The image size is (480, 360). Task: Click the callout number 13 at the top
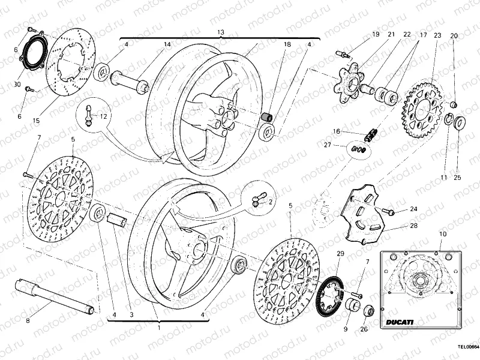click(221, 32)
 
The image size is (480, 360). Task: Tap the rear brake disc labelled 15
click(67, 65)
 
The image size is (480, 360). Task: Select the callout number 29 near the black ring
click(340, 254)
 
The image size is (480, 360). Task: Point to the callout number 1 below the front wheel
click(158, 328)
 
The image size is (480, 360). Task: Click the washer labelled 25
click(460, 124)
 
